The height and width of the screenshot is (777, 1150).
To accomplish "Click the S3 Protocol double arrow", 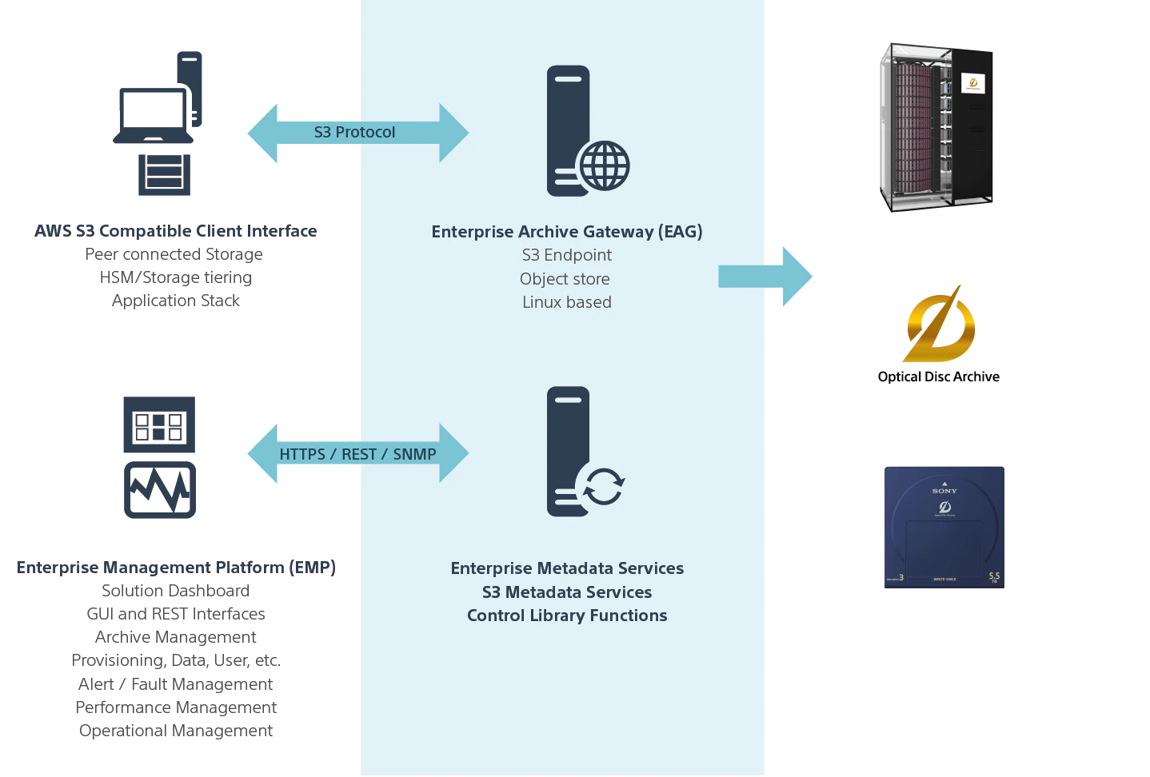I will [357, 133].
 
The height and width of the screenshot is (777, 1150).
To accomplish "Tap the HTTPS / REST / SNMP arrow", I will [357, 454].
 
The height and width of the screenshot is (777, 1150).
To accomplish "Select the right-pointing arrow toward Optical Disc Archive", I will [765, 277].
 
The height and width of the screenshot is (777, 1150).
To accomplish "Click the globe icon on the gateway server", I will [605, 165].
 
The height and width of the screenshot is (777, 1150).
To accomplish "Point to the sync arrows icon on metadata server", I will [603, 487].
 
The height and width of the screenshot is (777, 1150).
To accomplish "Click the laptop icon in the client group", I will [153, 117].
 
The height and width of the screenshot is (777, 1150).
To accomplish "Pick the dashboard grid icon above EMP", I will [159, 424].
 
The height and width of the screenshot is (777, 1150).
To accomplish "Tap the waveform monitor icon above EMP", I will [160, 490].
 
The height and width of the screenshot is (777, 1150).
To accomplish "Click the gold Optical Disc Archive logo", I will [940, 325].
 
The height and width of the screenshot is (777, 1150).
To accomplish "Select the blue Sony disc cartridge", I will [944, 528].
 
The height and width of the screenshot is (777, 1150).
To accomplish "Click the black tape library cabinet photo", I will [936, 128].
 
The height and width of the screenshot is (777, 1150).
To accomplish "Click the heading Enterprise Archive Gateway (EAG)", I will [567, 232].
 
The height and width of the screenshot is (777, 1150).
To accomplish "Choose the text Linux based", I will [567, 302].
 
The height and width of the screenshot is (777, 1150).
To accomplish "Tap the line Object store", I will [565, 279].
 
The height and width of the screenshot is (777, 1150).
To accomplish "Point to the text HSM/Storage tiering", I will [176, 277].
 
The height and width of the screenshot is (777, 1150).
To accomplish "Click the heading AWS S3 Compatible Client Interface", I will [176, 231].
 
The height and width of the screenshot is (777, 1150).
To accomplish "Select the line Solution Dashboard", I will [176, 591].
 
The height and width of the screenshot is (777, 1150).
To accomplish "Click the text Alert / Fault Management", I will [176, 684].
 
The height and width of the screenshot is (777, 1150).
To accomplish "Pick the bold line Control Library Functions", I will [567, 616].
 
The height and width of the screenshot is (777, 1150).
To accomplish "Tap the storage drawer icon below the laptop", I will [164, 174].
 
